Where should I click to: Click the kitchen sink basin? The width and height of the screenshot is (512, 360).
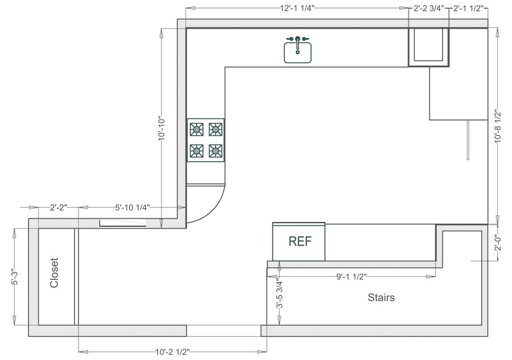click(298, 52)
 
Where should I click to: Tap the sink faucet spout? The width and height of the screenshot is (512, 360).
click(298, 45)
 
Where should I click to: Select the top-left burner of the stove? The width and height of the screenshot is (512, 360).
click(197, 129)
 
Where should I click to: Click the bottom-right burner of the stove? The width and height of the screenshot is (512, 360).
click(216, 151)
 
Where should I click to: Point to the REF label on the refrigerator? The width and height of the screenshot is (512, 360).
click(300, 242)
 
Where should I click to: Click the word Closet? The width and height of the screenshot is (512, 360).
click(54, 273)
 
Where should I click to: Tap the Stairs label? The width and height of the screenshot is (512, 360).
click(381, 297)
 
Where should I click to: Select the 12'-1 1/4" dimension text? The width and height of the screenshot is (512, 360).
click(297, 9)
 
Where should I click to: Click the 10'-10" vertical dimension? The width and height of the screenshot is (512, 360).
click(162, 129)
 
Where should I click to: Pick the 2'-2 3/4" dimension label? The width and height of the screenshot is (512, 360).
click(428, 9)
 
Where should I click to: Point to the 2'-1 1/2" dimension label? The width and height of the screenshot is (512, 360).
click(468, 9)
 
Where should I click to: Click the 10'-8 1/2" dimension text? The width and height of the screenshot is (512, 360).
click(498, 126)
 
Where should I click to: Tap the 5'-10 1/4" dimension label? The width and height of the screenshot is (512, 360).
click(132, 208)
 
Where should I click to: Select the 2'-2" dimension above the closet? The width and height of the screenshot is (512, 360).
click(59, 208)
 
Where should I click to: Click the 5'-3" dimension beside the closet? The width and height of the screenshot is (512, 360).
click(14, 277)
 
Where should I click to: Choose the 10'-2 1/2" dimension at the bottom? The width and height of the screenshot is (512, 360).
click(172, 352)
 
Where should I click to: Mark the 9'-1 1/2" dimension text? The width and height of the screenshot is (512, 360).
click(352, 277)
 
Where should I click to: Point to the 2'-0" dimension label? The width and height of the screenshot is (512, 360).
click(498, 243)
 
